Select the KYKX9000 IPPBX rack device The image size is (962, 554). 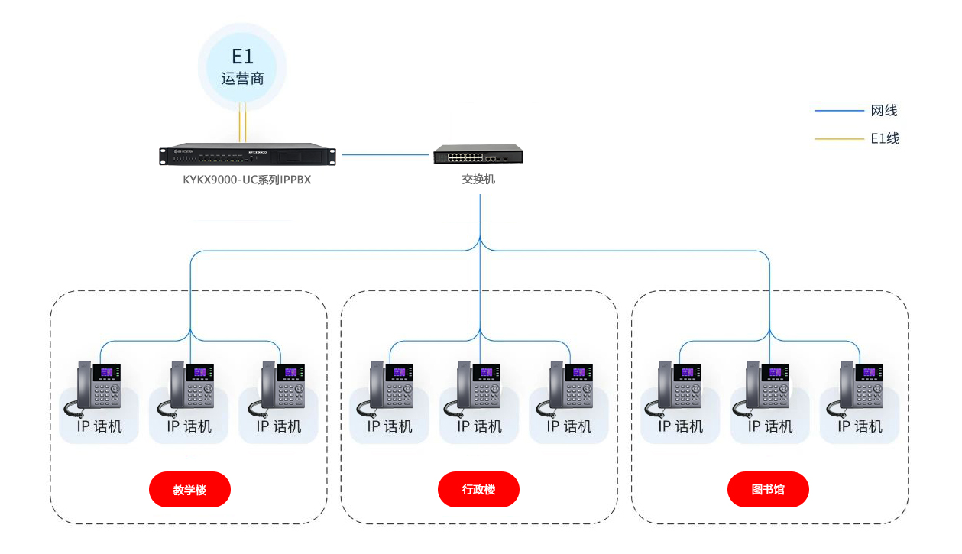(x=248, y=154)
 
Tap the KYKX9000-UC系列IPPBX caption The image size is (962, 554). (x=247, y=180)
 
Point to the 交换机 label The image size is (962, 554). (x=478, y=180)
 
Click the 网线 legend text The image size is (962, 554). (x=884, y=111)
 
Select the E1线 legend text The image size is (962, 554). (x=885, y=139)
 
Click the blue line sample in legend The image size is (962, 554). (x=838, y=111)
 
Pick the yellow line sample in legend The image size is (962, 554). (x=838, y=139)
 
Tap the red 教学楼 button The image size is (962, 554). (x=189, y=489)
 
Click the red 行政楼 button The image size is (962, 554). (x=479, y=489)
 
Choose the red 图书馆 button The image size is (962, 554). (x=768, y=489)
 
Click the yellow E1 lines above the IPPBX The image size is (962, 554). (x=242, y=125)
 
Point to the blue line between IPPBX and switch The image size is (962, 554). (x=386, y=154)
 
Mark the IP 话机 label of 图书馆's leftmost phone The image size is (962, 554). (x=680, y=426)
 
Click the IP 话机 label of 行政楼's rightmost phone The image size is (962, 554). (x=569, y=426)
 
